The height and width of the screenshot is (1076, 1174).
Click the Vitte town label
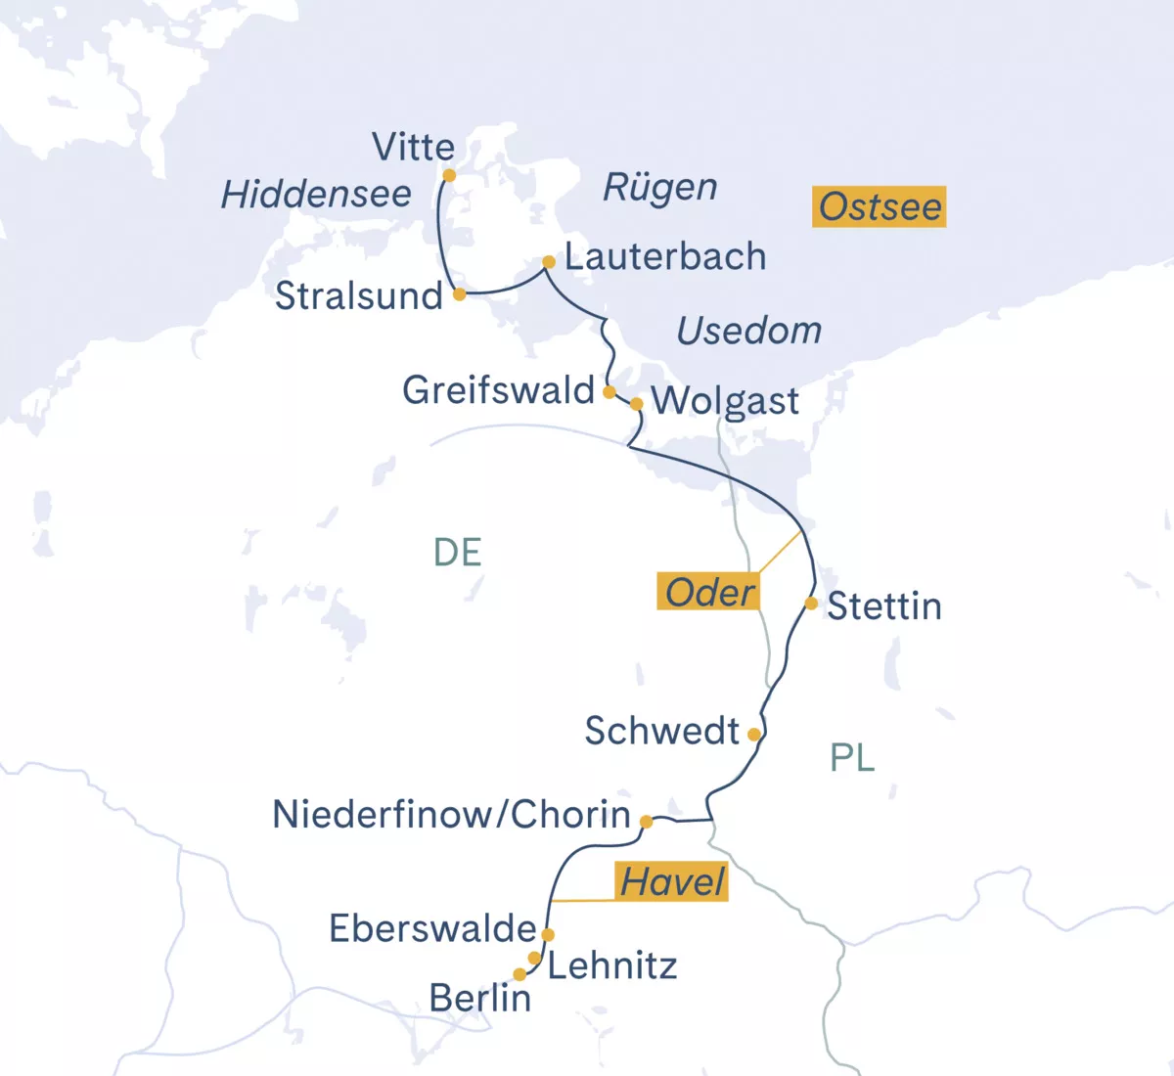point(413,148)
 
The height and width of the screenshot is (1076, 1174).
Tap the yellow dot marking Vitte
point(449,176)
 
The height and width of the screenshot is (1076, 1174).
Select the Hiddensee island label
point(316,195)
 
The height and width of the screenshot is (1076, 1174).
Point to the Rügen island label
point(659,187)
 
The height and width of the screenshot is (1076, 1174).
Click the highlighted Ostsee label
point(879,206)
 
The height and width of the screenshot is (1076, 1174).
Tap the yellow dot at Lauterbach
point(549,262)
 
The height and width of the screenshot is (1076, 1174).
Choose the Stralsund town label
point(358,295)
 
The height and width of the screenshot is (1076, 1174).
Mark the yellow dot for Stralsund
point(459,293)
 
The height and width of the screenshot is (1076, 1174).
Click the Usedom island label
point(749,331)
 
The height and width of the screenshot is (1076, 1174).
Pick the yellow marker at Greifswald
point(609,392)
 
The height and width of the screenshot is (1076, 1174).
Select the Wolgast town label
point(725,401)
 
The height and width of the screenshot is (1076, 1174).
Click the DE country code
point(457,553)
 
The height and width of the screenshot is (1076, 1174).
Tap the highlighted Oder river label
point(709,592)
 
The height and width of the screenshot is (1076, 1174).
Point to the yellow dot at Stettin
point(811,604)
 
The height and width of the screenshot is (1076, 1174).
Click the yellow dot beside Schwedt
point(753,734)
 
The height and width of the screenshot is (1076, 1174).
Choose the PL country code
point(852,757)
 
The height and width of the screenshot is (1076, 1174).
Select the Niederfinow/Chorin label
point(451,814)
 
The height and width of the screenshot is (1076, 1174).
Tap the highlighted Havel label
point(672,881)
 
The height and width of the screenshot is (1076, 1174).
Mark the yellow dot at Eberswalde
point(548,935)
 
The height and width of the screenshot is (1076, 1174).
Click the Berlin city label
point(479,998)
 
